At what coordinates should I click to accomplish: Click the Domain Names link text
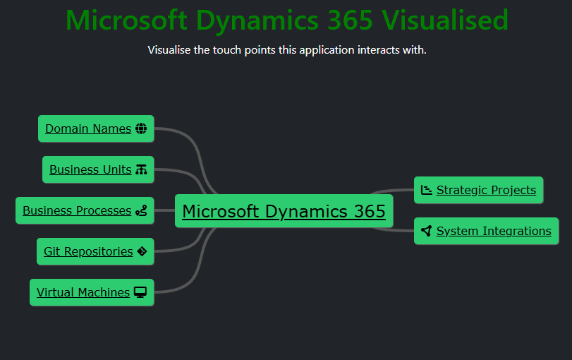(88, 128)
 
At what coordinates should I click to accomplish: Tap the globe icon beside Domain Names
(141, 128)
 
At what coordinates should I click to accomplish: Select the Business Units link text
(90, 169)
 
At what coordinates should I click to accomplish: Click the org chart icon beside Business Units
(141, 169)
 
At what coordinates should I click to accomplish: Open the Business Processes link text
(77, 210)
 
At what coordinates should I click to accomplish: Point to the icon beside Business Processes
(141, 210)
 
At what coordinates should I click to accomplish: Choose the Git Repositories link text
(88, 251)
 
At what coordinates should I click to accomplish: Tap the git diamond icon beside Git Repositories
(142, 251)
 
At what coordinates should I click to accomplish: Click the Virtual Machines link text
(83, 292)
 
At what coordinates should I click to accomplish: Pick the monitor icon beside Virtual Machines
(140, 292)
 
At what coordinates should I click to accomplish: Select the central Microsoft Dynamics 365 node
(284, 211)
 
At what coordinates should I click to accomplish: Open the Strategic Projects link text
(486, 190)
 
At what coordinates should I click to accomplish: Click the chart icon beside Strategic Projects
(427, 190)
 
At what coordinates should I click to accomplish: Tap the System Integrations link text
(494, 231)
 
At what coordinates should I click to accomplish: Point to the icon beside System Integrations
(427, 231)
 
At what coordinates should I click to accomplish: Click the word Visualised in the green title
(445, 20)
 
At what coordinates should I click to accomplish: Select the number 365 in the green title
(351, 20)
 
